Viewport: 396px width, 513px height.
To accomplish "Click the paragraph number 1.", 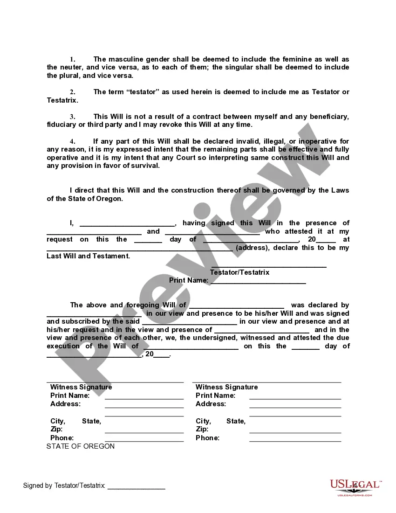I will (x=72, y=60).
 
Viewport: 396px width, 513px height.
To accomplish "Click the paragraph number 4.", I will (x=72, y=141).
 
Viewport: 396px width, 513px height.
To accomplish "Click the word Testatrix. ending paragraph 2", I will (x=62, y=100).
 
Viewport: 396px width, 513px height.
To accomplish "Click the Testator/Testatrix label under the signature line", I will (x=239, y=272).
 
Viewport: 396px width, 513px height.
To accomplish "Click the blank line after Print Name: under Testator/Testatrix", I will (x=258, y=281).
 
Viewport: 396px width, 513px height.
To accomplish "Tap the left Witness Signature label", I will (x=81, y=387).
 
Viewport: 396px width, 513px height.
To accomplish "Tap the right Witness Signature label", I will (x=226, y=387).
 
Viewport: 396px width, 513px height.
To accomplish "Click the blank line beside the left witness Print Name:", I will (x=144, y=397).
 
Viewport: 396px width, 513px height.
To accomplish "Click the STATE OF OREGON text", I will (x=81, y=446).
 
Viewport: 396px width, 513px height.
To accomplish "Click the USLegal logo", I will (x=355, y=487).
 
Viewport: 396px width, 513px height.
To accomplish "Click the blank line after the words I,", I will (x=127, y=224).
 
